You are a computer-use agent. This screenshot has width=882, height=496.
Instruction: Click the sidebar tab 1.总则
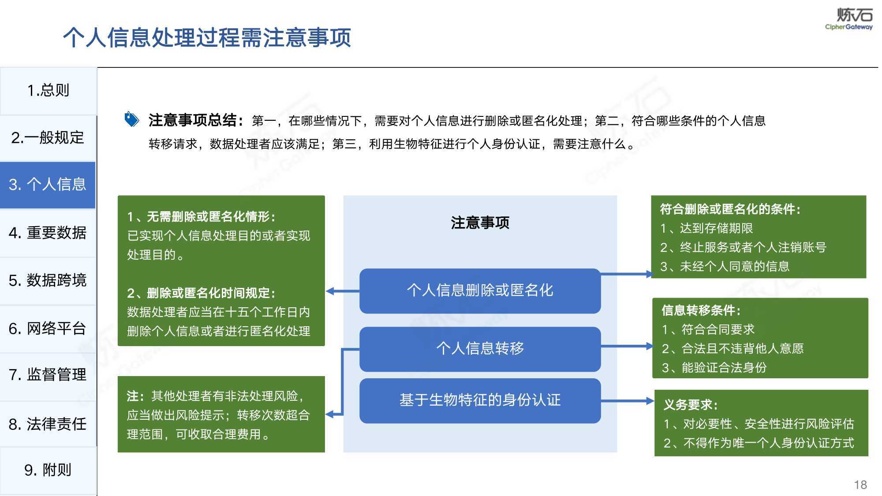tap(48, 91)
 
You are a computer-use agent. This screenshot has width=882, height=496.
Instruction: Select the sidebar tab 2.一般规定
tap(48, 138)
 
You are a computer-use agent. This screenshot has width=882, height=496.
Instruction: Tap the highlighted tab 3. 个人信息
tap(48, 185)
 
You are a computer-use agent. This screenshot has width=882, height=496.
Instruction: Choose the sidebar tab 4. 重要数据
tap(48, 233)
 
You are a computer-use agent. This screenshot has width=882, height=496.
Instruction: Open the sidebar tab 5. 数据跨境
tap(48, 280)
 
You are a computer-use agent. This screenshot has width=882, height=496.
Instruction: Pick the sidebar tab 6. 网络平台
tap(48, 328)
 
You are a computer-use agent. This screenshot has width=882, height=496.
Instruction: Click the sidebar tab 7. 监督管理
tap(48, 375)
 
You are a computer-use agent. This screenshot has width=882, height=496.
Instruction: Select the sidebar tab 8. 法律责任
tap(48, 424)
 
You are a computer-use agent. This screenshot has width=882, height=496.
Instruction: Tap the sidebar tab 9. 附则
tap(48, 470)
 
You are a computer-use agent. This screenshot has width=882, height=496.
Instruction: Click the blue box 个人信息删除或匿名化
tap(480, 291)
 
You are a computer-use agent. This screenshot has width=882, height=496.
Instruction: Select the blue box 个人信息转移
tap(480, 349)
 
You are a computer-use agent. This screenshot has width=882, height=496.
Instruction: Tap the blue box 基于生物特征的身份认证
tap(480, 400)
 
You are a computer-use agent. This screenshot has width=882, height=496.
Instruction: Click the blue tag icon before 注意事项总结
tap(132, 119)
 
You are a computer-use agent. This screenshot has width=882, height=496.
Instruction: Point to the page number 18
tap(860, 485)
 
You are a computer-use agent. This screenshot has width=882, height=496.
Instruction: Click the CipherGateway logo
tap(849, 19)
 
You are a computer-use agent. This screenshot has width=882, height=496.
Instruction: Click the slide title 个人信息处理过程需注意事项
tap(207, 37)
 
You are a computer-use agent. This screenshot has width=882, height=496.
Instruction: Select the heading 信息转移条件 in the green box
tap(701, 310)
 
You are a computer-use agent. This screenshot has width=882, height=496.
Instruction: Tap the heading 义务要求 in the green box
tap(691, 405)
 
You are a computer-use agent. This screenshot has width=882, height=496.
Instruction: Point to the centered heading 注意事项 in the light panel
tap(480, 223)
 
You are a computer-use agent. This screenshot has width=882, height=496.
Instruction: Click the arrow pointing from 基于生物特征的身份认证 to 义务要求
tap(628, 401)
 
